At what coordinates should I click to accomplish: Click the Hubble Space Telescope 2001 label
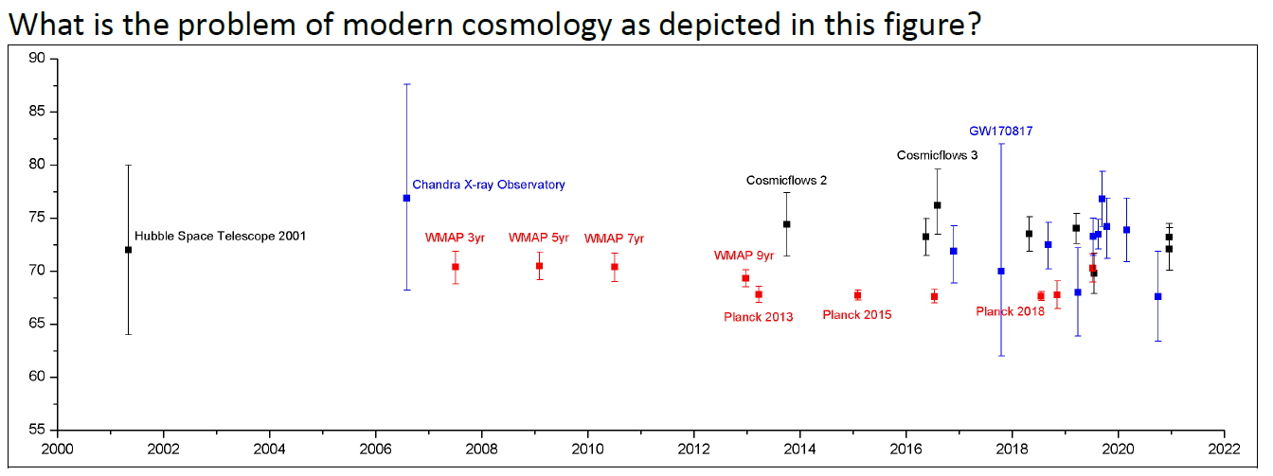coord(220,236)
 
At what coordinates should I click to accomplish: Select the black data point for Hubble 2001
coord(128,250)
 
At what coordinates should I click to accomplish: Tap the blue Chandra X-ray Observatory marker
coord(406,198)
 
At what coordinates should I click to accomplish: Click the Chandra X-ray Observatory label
coord(488,185)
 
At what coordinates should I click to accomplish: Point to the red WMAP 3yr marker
coord(456,267)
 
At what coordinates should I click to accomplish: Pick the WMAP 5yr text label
coord(538,238)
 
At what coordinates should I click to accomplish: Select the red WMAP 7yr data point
coord(615,267)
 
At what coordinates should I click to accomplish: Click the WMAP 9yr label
coord(744,256)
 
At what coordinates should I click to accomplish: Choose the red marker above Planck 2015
coord(857,295)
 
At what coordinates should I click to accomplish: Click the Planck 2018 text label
coord(1011,311)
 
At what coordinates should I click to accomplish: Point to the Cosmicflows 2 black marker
coord(786,224)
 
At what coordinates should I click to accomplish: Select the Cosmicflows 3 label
coord(937,154)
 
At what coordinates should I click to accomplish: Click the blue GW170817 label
coord(999,131)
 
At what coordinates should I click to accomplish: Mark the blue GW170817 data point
coord(1001,272)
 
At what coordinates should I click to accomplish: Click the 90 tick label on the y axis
coord(38,59)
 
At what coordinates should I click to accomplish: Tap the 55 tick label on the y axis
coord(38,431)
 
